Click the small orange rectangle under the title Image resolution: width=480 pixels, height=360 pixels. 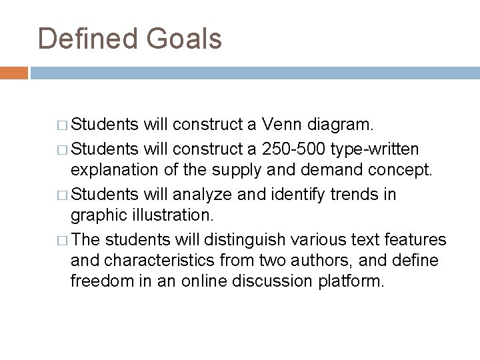[13, 72]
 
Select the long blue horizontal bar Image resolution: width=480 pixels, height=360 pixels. [253, 72]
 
